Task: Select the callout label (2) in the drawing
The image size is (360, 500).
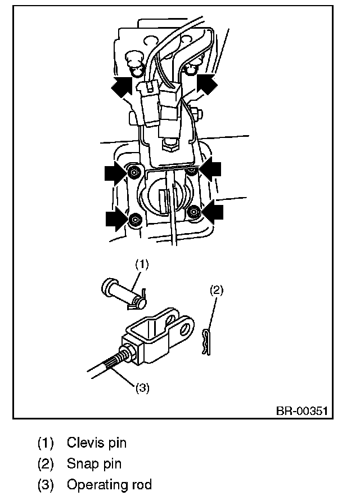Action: [x=217, y=291]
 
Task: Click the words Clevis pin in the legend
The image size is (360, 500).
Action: [x=96, y=443]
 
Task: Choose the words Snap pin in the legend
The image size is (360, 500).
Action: [x=94, y=464]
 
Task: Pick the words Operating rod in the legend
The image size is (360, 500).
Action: [x=109, y=485]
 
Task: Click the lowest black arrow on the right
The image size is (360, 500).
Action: [x=212, y=212]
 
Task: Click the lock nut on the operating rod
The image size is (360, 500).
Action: [x=127, y=354]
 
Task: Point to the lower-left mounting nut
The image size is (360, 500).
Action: [x=135, y=220]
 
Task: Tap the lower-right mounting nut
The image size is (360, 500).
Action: [x=194, y=212]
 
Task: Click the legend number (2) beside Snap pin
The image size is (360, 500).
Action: [x=46, y=464]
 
